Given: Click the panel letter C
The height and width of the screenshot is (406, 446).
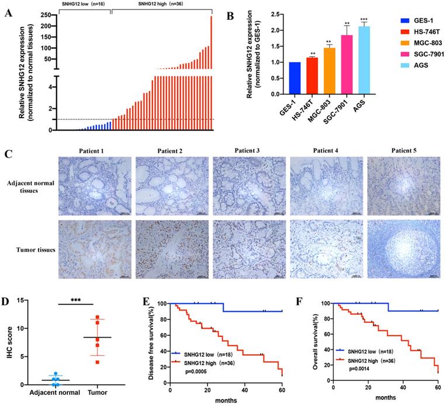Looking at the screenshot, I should pos(8,154).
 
